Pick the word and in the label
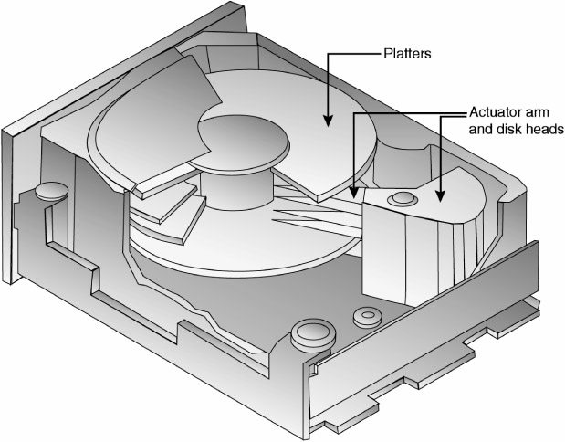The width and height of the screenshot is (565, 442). pyautogui.click(x=481, y=129)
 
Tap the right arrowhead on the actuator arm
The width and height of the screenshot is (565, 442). pyautogui.click(x=441, y=195)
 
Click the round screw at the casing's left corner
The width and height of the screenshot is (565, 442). pyautogui.click(x=51, y=191)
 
